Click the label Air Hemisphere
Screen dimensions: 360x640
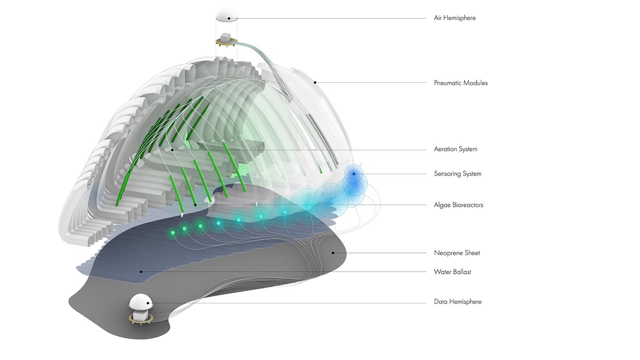pos(454,18)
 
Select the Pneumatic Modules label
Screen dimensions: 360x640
pos(460,83)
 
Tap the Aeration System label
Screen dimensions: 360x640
pos(455,149)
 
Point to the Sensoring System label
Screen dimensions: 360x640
pos(457,174)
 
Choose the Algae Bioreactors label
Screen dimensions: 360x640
pos(458,205)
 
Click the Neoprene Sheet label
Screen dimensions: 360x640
pos(457,253)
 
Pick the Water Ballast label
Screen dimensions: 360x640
pos(452,272)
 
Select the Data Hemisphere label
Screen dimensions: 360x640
pos(457,302)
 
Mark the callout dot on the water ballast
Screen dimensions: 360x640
pos(141,271)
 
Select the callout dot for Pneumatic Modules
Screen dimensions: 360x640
pos(315,82)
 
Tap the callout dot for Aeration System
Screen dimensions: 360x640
pos(172,150)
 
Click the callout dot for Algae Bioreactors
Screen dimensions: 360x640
pos(195,205)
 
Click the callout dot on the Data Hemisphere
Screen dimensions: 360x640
pos(148,303)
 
